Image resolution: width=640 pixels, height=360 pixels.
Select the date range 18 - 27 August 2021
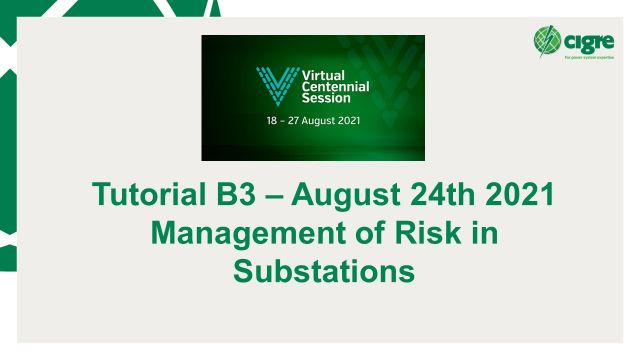(x=313, y=118)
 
